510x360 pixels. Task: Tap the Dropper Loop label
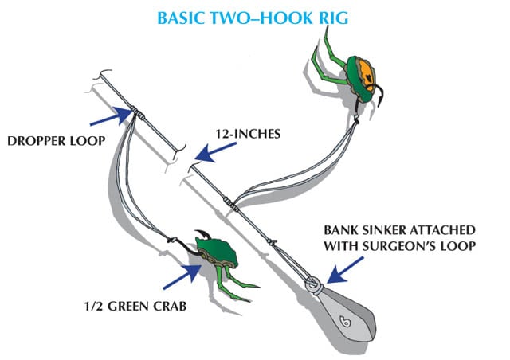pyautogui.click(x=53, y=141)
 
